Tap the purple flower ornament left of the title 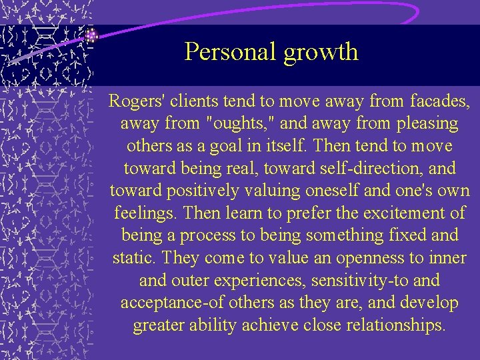[x=92, y=35]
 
